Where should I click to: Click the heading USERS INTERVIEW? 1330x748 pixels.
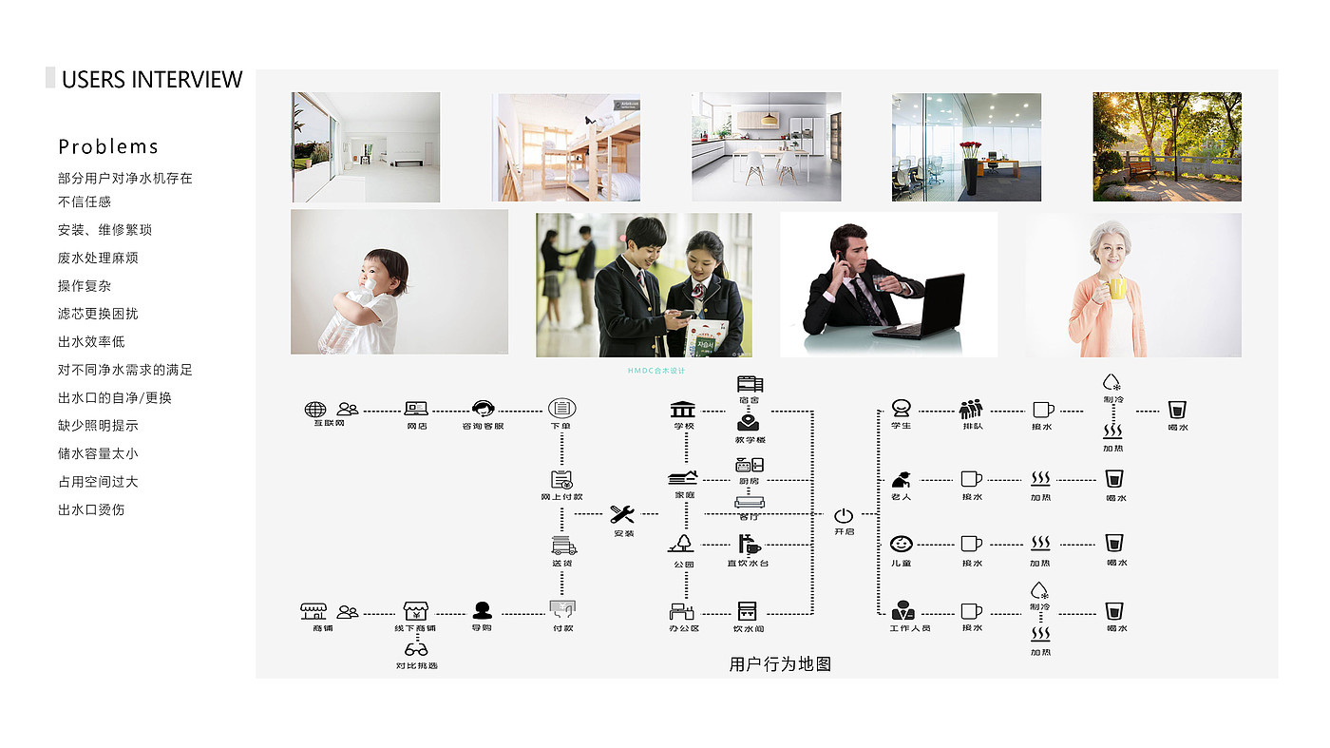[x=152, y=79]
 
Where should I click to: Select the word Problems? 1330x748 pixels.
[x=108, y=146]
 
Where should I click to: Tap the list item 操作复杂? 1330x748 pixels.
[x=85, y=286]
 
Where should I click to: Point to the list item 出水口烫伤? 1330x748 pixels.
[x=91, y=509]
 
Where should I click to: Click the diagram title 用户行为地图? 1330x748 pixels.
[x=780, y=664]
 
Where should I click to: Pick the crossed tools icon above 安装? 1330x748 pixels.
[x=622, y=514]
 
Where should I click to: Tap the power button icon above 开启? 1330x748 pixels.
[x=844, y=515]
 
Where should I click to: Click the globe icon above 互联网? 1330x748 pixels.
[x=315, y=410]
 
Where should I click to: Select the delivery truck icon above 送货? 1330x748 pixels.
[x=563, y=546]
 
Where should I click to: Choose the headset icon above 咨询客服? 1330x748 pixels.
[x=483, y=410]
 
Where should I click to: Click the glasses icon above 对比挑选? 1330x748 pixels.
[x=416, y=649]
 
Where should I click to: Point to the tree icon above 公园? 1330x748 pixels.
[x=681, y=544]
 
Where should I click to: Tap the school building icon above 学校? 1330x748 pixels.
[x=682, y=410]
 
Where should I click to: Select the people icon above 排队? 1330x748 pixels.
[x=970, y=410]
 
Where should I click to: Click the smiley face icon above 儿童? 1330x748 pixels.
[x=902, y=544]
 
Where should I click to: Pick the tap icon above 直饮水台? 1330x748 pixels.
[x=750, y=545]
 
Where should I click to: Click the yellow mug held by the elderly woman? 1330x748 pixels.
[x=1118, y=288]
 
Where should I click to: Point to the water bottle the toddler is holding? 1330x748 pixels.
[x=343, y=323]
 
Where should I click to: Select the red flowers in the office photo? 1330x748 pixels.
[x=970, y=149]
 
